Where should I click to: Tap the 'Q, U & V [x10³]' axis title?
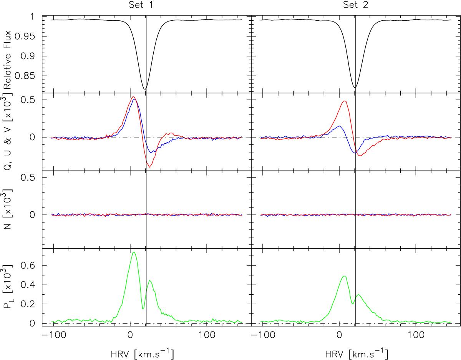pyautogui.click(x=7, y=132)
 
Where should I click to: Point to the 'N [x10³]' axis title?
pyautogui.click(x=7, y=209)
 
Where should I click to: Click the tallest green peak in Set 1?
pyautogui.click(x=134, y=252)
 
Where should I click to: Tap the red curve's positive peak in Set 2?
pyautogui.click(x=345, y=101)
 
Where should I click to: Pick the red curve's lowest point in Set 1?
pyautogui.click(x=149, y=167)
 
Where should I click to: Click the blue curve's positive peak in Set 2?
pyautogui.click(x=339, y=126)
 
